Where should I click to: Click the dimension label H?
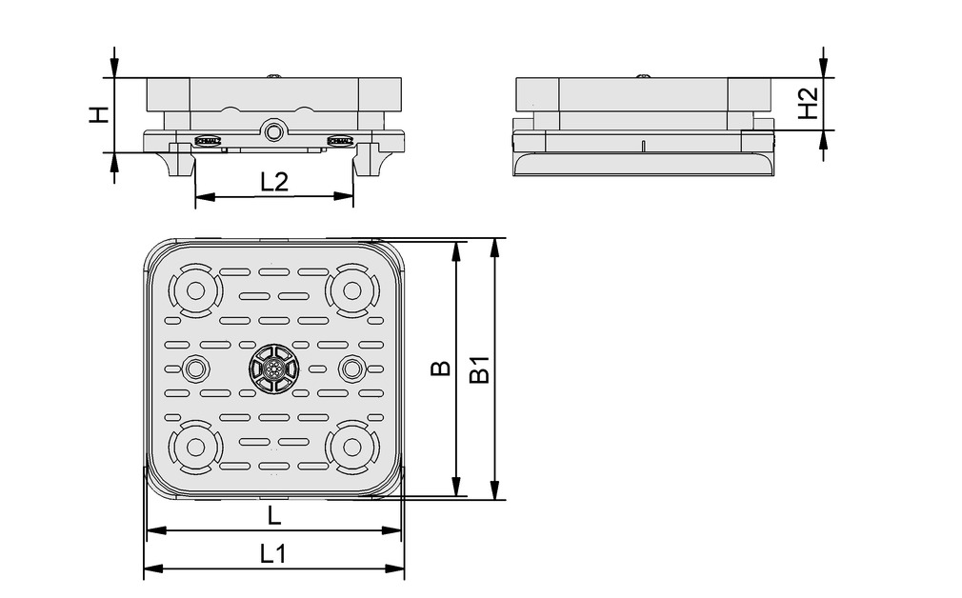(x=97, y=114)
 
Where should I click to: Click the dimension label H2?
(x=807, y=103)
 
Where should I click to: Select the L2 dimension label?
(x=273, y=181)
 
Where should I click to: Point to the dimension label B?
(x=439, y=368)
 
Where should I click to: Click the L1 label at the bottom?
(x=273, y=553)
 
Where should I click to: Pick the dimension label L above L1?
(x=273, y=515)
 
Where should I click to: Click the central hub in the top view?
(x=273, y=368)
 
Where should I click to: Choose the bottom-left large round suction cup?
(x=195, y=445)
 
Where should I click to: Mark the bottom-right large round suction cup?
(x=350, y=445)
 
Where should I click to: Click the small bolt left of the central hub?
(x=197, y=368)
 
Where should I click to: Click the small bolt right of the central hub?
(x=351, y=368)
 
